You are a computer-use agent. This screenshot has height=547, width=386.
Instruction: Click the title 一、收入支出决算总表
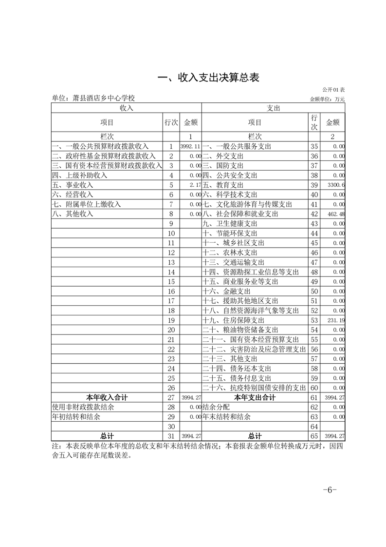[x=209, y=78]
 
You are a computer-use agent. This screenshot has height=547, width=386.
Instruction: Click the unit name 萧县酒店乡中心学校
[x=93, y=98]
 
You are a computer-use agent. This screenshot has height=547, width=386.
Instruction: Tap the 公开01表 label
[x=333, y=90]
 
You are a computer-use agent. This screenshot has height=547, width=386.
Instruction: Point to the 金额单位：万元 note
[x=327, y=99]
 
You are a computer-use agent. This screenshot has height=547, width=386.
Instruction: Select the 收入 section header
[x=126, y=108]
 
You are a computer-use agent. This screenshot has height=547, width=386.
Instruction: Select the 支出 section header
[x=273, y=108]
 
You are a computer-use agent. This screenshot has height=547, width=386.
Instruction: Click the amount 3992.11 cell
[x=190, y=146]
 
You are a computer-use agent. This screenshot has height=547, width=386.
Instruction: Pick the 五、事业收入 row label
[x=73, y=185]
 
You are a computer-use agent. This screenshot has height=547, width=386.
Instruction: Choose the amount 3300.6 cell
[x=336, y=185]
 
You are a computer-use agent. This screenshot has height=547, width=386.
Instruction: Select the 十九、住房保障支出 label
[x=233, y=320]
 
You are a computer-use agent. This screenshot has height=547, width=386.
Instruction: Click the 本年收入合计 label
[x=107, y=397]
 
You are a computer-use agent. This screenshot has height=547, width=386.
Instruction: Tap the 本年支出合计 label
[x=255, y=397]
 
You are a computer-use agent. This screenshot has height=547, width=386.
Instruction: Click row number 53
[x=314, y=320]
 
